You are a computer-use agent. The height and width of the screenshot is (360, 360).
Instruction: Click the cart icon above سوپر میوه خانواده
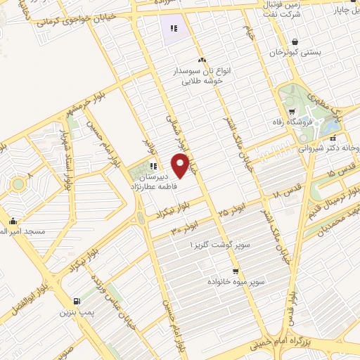click(x=236, y=271)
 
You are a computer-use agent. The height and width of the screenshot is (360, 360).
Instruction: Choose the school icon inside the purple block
click(x=173, y=29)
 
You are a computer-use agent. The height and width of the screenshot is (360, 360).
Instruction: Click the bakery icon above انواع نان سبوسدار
click(x=202, y=60)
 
